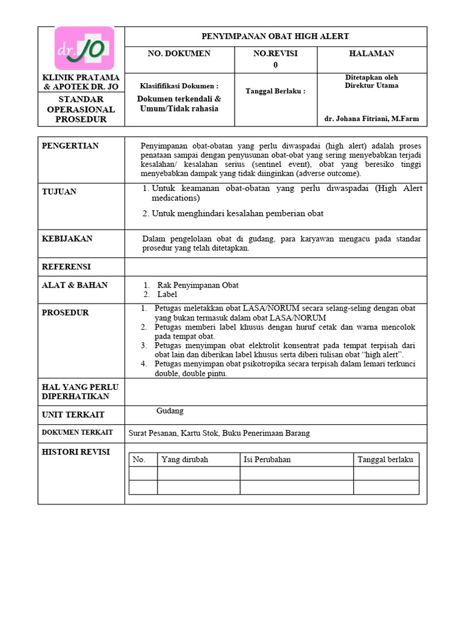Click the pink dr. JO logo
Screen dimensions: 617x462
(x=84, y=48)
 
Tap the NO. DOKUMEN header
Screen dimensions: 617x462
(x=179, y=54)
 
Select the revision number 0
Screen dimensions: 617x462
(x=276, y=64)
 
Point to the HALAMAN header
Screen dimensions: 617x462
(x=371, y=54)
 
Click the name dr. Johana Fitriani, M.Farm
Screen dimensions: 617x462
(x=371, y=119)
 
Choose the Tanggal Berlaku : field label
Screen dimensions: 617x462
(x=276, y=91)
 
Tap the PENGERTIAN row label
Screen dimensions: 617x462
(x=70, y=146)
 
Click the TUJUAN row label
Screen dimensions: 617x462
(x=59, y=192)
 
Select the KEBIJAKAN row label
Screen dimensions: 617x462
(x=67, y=239)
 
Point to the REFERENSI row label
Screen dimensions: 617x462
(x=66, y=266)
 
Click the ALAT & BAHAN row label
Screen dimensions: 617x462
(x=75, y=285)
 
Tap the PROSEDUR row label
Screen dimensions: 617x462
(x=64, y=313)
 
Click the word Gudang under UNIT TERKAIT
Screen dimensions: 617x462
(x=170, y=411)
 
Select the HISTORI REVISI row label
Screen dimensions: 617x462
(x=75, y=452)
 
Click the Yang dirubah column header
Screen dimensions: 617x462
(x=185, y=459)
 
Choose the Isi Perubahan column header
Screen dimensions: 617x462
(x=267, y=459)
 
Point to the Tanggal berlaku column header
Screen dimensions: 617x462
(x=385, y=459)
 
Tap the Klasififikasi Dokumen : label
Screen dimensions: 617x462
(x=179, y=86)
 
